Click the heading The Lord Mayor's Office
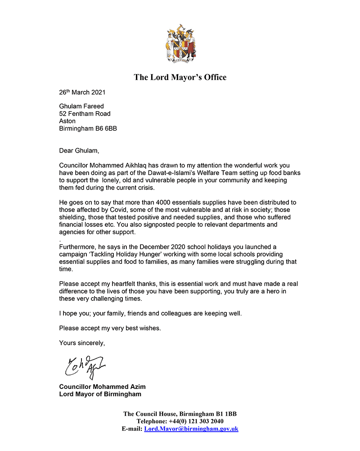click(180, 77)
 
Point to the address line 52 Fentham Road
click(85, 114)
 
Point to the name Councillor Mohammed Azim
click(102, 387)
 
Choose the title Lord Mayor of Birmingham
click(100, 394)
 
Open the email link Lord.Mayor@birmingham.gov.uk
click(191, 429)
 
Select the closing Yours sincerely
click(82, 343)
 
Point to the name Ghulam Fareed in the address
click(81, 107)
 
